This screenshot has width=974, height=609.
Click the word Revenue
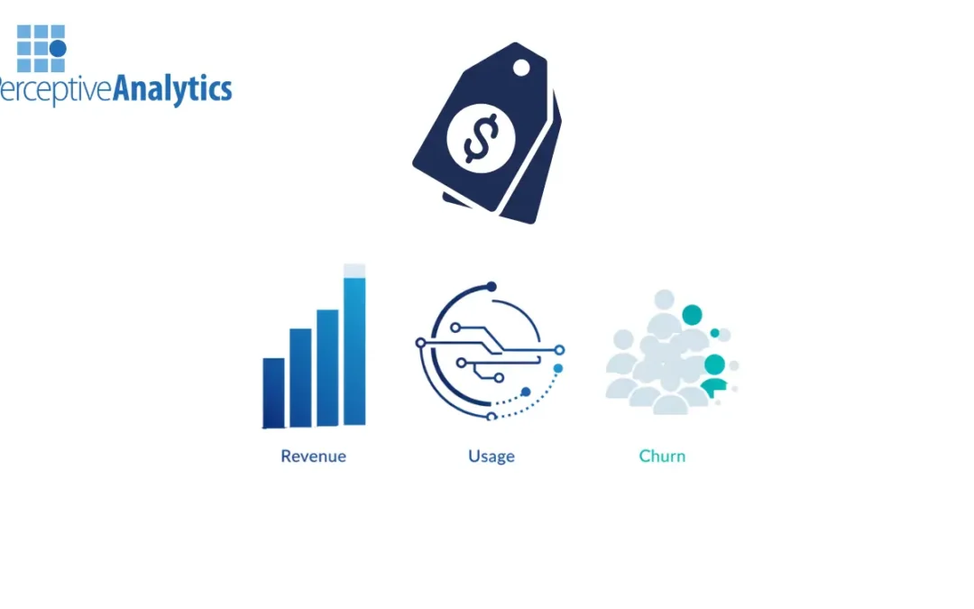tap(313, 456)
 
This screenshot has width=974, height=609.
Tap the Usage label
tap(492, 456)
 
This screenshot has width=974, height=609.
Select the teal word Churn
tap(662, 456)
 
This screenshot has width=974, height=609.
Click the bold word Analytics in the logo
tap(171, 89)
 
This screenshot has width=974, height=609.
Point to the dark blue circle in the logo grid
tap(58, 48)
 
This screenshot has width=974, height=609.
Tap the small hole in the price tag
tap(521, 68)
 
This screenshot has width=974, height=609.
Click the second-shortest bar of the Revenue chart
tap(300, 377)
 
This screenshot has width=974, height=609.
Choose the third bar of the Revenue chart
tap(327, 367)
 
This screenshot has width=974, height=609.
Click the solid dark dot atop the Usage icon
tap(492, 287)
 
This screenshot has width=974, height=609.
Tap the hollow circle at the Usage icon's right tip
tap(559, 349)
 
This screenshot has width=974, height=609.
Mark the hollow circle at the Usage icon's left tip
tap(420, 343)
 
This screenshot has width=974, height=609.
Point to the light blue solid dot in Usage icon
tap(557, 368)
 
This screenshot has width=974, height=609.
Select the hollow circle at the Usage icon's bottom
tap(492, 416)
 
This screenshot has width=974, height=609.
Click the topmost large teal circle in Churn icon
tap(692, 315)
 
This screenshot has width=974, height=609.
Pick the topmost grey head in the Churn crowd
tap(665, 300)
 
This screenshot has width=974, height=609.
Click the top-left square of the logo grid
tap(24, 32)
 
